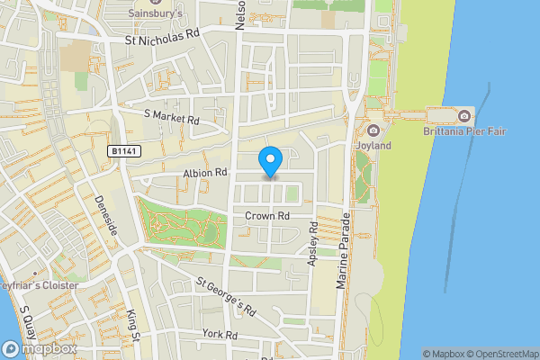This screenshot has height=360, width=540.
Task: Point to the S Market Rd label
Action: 171,118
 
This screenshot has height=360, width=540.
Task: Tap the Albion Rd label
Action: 205,172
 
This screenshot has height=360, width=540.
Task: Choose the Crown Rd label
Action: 266,216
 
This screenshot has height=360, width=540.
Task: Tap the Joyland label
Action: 373,145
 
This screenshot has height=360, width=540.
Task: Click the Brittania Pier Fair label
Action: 464,131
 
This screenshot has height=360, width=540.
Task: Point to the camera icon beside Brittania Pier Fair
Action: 463,116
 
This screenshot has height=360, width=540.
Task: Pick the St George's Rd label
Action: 227,295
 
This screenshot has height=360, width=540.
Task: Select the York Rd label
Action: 220,334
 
